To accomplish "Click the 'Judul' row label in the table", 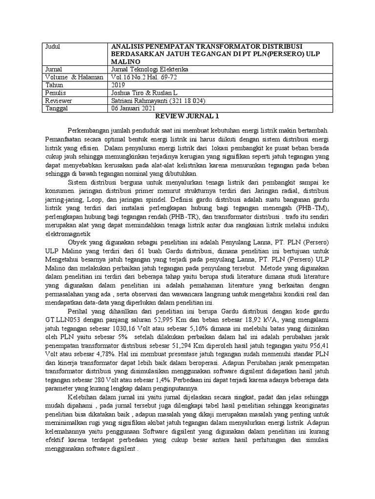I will click(52, 47).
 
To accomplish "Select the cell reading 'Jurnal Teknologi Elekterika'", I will click(145, 70).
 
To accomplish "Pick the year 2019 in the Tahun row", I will click(119, 84).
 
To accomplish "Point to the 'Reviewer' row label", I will click(58, 100).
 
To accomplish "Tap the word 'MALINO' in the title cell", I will click(125, 62).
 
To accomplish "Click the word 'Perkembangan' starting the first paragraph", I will click(89, 131).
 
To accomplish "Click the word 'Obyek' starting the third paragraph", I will click(78, 242).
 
